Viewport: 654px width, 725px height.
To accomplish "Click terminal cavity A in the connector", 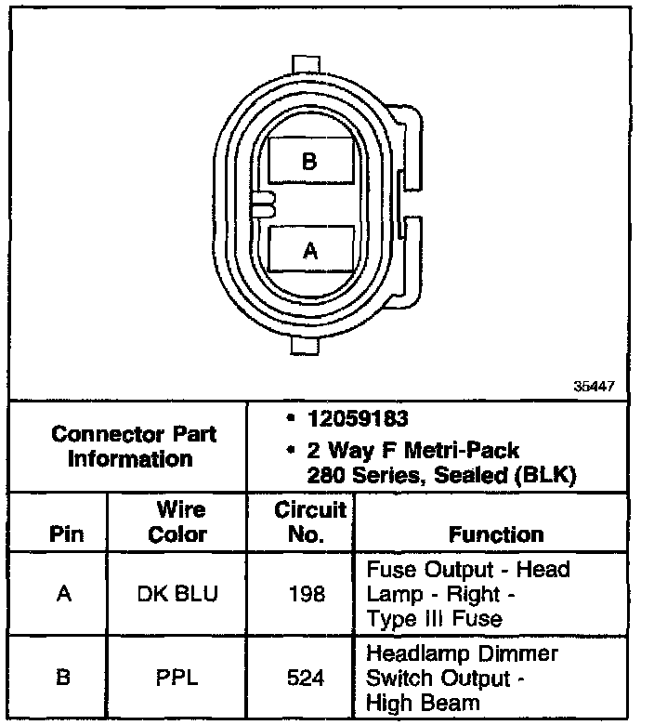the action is (x=310, y=249).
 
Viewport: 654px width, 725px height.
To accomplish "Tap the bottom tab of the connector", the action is (x=310, y=345).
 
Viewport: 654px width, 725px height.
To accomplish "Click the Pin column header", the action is (x=64, y=534).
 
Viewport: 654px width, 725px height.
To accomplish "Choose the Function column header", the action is (x=497, y=534).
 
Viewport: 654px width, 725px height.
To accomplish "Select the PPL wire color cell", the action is (x=177, y=679).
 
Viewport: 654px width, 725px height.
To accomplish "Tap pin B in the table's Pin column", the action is (x=64, y=679).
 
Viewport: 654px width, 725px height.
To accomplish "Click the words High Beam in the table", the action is (x=424, y=703).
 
